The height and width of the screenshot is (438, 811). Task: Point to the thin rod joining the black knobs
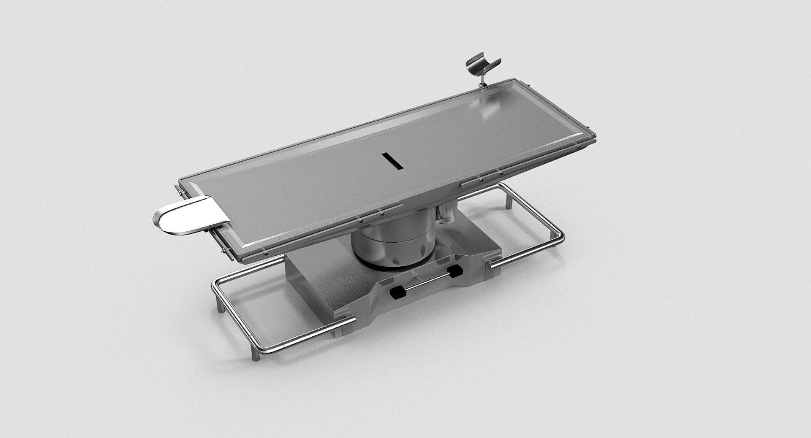point(427,281)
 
